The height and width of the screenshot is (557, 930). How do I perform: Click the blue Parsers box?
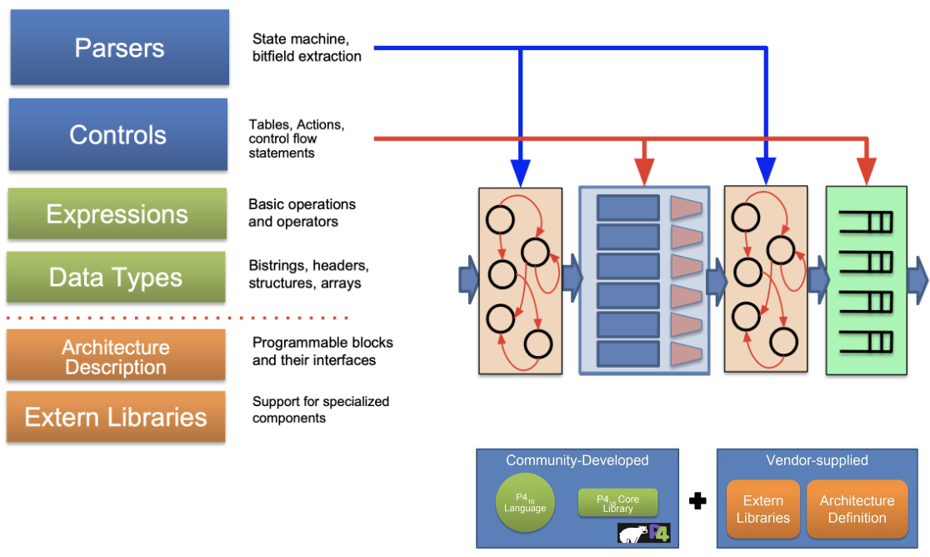tap(119, 48)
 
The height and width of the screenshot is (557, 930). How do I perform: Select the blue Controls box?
tap(118, 135)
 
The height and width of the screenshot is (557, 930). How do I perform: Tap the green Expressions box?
tap(117, 214)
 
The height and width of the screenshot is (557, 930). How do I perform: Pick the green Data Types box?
tap(116, 277)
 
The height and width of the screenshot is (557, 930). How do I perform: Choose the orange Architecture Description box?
tap(116, 357)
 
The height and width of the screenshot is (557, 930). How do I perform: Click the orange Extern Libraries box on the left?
tap(116, 417)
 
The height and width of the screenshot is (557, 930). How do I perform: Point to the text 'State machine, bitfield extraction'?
tap(307, 48)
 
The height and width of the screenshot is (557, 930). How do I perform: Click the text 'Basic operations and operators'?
tap(302, 213)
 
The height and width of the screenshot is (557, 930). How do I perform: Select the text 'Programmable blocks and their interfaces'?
tap(322, 351)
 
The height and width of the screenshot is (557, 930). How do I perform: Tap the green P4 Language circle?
tap(525, 504)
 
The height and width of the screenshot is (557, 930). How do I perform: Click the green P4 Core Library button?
tap(617, 503)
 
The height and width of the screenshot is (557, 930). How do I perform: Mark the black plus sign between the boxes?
tap(697, 501)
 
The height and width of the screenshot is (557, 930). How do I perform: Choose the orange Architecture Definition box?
tap(857, 509)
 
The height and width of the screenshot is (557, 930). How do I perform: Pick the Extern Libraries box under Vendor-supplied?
tap(762, 509)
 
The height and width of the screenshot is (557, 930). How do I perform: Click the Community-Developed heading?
tap(577, 460)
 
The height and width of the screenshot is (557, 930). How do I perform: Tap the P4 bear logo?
tap(644, 533)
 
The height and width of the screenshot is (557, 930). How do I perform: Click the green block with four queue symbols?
tap(866, 280)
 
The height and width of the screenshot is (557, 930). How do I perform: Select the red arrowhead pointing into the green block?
tap(867, 173)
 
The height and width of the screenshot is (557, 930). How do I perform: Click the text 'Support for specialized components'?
tap(321, 409)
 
